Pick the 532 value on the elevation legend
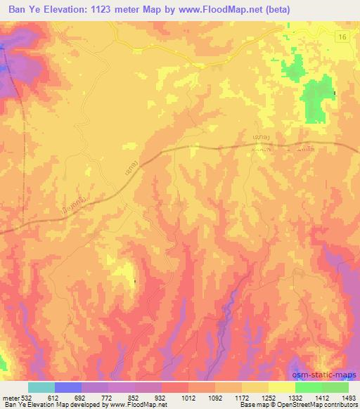[x=27, y=397]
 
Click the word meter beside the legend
[x=10, y=397]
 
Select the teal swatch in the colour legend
[x=41, y=387]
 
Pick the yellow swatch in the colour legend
[x=282, y=387]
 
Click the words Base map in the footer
[x=248, y=405]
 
